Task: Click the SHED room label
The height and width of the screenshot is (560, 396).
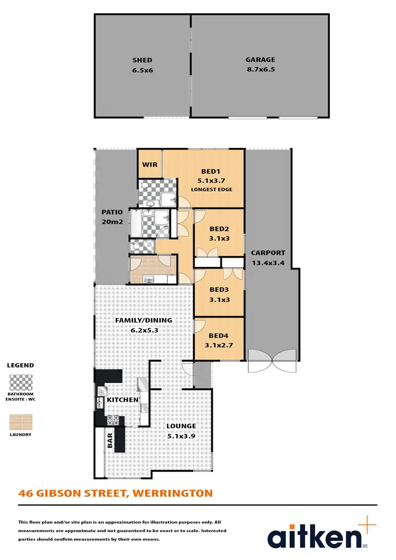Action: [142, 60]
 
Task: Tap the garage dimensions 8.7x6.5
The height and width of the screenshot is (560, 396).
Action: [260, 70]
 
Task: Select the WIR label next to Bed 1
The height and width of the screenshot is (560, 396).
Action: [149, 165]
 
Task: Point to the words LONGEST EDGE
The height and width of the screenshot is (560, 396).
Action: [211, 189]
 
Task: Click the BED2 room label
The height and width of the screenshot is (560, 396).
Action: [219, 229]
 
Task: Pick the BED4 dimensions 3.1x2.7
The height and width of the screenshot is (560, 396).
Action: [219, 346]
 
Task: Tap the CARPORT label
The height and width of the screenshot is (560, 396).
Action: [268, 252]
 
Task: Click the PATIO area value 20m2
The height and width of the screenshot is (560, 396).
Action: [112, 222]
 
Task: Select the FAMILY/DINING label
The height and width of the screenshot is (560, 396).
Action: [144, 320]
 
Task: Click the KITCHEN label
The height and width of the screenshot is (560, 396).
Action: [122, 400]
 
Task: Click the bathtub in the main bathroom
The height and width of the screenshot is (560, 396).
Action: [136, 224]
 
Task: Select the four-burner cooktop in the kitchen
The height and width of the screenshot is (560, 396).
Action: [113, 420]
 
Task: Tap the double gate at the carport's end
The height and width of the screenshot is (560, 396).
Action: [272, 361]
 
